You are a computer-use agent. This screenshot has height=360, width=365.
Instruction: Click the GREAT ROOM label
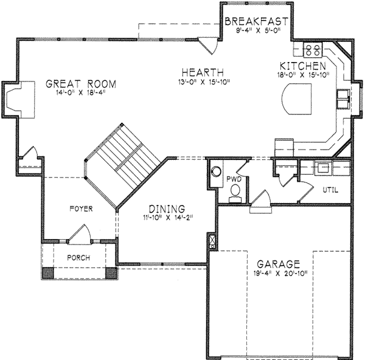click(81, 83)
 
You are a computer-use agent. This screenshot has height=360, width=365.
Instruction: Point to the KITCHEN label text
click(302, 66)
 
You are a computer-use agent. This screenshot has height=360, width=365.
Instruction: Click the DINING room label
click(164, 209)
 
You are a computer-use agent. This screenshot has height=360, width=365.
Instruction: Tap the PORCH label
click(78, 258)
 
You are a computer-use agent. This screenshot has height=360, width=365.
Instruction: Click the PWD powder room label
click(234, 179)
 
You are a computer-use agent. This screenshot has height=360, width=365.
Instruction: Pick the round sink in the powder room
click(216, 171)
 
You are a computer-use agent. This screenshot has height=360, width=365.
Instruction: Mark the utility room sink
click(322, 167)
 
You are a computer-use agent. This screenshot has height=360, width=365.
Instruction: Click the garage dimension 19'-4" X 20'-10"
click(277, 274)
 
